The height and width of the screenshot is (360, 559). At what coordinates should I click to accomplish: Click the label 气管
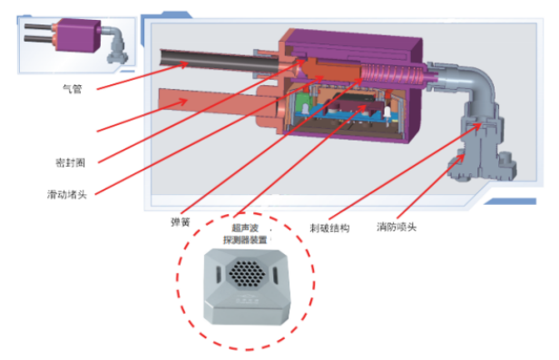click(x=73, y=89)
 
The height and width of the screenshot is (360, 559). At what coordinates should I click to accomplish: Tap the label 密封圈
click(x=71, y=162)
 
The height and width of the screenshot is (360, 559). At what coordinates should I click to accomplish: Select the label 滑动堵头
click(x=67, y=194)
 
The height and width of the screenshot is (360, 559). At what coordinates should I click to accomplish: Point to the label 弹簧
click(x=181, y=222)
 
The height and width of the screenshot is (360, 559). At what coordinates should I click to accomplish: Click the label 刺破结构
click(x=329, y=228)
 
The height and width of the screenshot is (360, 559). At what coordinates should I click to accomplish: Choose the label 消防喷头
click(x=397, y=227)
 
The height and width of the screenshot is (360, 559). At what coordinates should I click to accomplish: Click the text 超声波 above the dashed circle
click(x=245, y=228)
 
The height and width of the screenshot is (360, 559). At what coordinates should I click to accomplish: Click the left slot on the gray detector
click(x=218, y=275)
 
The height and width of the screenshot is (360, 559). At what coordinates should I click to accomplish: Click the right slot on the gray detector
click(x=275, y=276)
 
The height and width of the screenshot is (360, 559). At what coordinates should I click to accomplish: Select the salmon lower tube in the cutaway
click(x=214, y=102)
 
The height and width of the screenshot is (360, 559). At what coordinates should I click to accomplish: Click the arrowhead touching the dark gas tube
click(x=184, y=64)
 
